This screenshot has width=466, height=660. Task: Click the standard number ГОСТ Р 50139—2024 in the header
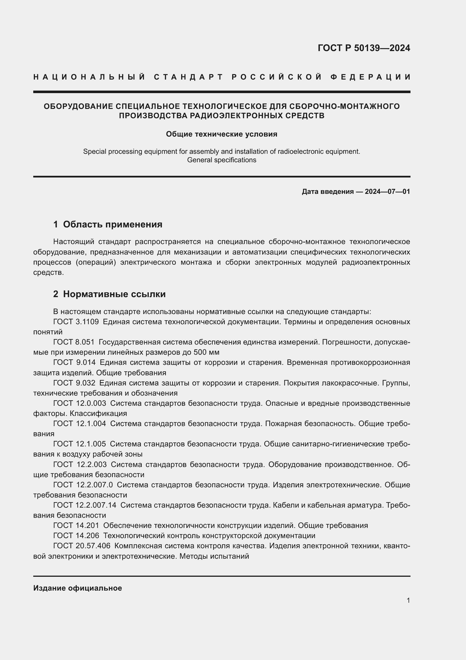pos(364,48)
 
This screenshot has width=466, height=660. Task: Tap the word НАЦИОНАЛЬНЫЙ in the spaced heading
pos(89,77)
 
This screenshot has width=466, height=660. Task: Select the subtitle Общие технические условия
pos(221,134)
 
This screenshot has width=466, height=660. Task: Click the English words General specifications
pos(221,160)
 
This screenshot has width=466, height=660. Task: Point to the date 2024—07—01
pos(387,191)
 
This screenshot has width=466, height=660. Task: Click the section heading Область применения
pos(112,225)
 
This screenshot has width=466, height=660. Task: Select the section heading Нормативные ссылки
pos(114,294)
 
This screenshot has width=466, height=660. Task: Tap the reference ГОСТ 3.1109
pos(76,322)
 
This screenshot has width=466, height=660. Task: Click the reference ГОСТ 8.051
pos(74,342)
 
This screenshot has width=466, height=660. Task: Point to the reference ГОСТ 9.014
pos(74,363)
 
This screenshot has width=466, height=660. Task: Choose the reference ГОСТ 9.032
pos(74,383)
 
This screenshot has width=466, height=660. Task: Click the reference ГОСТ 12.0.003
pos(79,403)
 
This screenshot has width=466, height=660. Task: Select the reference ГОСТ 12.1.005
pos(79,444)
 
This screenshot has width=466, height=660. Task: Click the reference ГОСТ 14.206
pos(76,536)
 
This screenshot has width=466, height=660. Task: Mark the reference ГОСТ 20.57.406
pos(82,546)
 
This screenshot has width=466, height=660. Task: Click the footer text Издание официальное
pos(77,588)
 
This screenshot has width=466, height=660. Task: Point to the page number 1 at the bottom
pos(408,600)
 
